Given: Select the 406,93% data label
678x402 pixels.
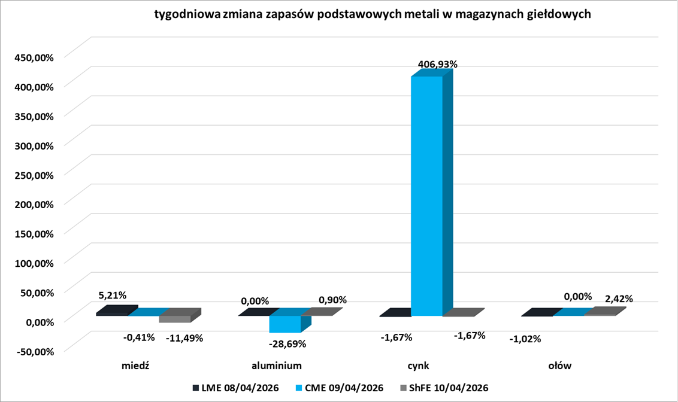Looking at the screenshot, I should pos(437,63).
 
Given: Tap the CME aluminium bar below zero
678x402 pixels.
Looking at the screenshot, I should pos(285,324).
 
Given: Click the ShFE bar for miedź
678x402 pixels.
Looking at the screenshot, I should pos(174,319).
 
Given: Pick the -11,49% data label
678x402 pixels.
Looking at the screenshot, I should pos(184,337).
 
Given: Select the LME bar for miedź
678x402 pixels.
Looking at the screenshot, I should pos(112,312).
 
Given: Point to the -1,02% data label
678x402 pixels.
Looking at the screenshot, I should pos(525,339).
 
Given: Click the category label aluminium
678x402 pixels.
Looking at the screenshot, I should pos(276,365).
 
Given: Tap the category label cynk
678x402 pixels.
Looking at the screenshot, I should pos(417,365).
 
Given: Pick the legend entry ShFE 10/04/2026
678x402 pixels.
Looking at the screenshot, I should pos(444,388).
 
